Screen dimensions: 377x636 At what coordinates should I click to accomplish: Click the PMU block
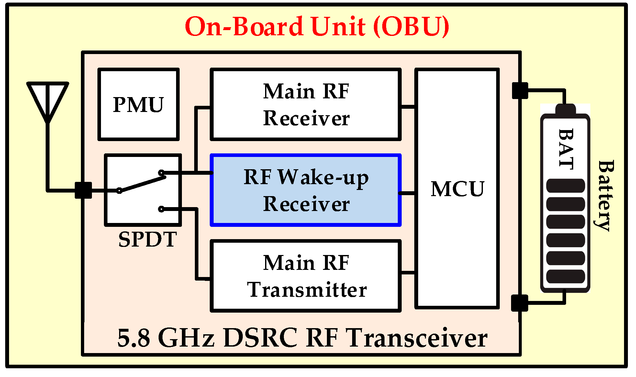coord(139,104)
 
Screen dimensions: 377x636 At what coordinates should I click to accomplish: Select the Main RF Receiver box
coord(306,104)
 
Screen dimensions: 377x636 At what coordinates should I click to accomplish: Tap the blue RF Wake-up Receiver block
coord(306,190)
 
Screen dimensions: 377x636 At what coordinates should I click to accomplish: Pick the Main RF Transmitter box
coord(306,276)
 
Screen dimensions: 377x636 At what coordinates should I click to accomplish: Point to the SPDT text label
coord(147,239)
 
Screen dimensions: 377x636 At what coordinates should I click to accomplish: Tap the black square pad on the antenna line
coord(83,190)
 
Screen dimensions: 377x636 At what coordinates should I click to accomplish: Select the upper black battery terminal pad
coord(520,91)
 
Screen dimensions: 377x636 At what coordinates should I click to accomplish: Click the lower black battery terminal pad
coord(519,303)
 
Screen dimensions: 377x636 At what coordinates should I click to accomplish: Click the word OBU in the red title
coord(411,27)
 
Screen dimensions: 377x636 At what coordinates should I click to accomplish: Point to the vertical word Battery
coord(605,195)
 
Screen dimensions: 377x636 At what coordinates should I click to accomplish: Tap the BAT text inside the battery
coord(566,149)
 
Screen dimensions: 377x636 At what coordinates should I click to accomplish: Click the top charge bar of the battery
coord(565,186)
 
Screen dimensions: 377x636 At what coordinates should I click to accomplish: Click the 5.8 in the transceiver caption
coord(133,338)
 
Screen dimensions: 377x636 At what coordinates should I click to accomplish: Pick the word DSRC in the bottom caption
coord(260,338)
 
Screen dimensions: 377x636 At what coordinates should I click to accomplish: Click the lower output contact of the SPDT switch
coord(161,209)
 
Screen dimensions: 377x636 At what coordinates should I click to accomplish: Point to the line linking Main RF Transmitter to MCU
coord(408,273)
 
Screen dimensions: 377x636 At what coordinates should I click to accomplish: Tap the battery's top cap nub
coord(565,109)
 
